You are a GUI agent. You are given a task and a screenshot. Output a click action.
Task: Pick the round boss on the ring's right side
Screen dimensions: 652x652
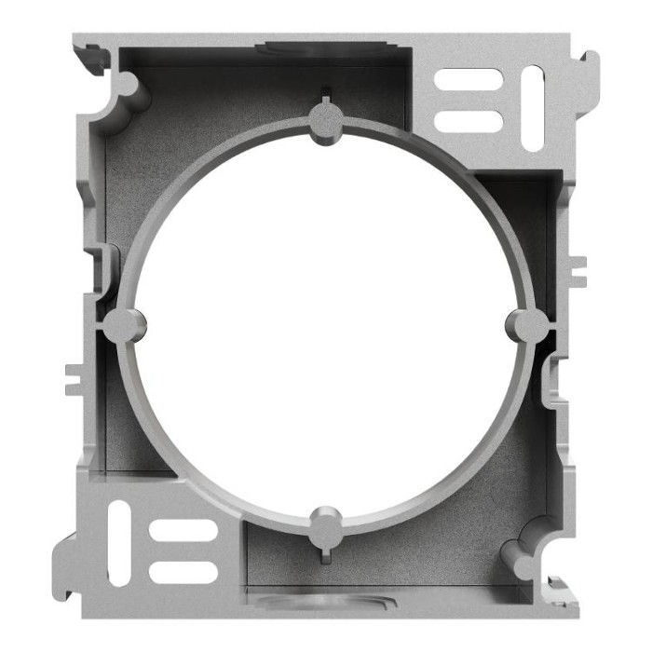pyautogui.click(x=528, y=325)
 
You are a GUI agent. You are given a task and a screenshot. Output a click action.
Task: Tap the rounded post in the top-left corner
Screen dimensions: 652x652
pyautogui.click(x=129, y=87)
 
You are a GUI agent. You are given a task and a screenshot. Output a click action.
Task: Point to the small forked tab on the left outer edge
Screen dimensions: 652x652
pyautogui.click(x=75, y=377)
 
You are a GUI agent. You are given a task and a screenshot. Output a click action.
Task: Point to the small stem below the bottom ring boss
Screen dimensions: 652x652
pyautogui.click(x=325, y=556)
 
